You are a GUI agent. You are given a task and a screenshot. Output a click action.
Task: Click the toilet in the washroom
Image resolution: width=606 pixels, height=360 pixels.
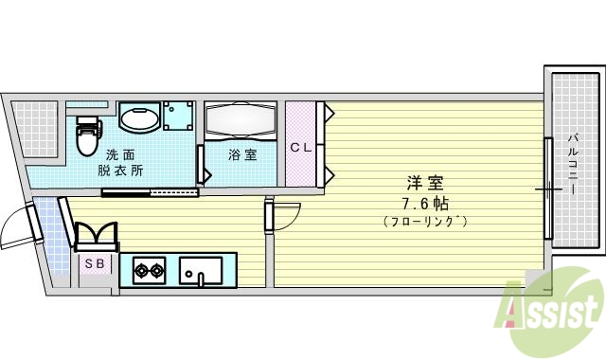[87, 135]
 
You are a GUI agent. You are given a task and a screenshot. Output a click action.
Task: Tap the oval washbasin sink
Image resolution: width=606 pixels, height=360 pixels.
[139, 120]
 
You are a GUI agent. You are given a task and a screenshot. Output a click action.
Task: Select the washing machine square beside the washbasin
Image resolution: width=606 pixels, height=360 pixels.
[177, 117]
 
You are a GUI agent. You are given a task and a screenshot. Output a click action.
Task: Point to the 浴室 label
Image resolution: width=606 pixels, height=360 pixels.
[241, 154]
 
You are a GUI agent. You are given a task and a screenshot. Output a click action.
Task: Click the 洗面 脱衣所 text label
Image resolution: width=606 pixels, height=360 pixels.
[120, 162]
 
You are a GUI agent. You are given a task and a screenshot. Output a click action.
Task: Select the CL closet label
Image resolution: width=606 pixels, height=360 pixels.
[301, 147]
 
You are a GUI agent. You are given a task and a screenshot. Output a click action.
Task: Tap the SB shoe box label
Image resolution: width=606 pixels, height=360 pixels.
[95, 263]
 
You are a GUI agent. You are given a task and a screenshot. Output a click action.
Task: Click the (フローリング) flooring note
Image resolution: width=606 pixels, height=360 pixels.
[426, 222]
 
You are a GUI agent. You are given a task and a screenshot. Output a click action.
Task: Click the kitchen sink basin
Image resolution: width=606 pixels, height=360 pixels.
[201, 271]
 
